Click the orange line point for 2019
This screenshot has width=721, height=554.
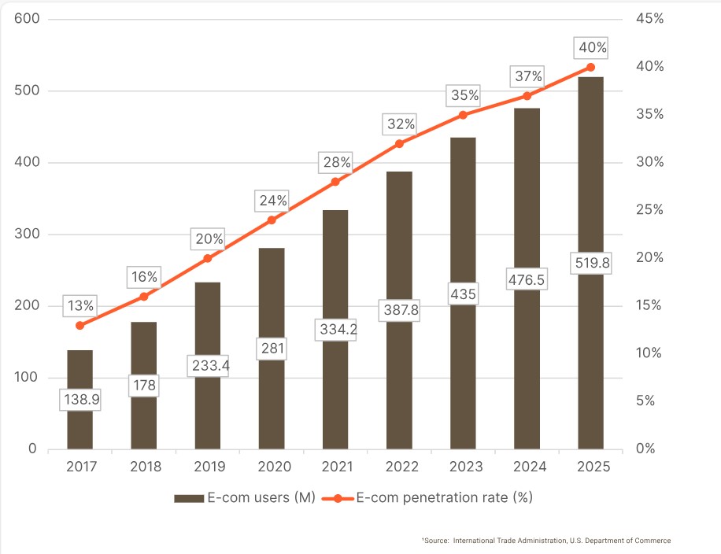point(208,258)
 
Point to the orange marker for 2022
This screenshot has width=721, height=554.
point(399,143)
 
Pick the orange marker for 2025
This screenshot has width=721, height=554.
point(591,67)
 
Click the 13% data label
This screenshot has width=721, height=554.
point(80,306)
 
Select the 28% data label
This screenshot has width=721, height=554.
point(335,162)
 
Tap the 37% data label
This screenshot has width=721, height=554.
point(527,76)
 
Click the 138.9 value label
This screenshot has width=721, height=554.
point(80,399)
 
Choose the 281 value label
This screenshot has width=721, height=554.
point(272,348)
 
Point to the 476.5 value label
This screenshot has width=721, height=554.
point(527,279)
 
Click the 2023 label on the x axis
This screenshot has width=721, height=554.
point(466,467)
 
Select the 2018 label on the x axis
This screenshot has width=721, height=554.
point(146,467)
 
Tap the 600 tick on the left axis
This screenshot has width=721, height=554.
point(27,18)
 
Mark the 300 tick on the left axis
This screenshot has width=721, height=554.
point(27,234)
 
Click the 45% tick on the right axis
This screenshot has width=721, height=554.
point(649,18)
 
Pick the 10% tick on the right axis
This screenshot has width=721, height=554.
point(649,353)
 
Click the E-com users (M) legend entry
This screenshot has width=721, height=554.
point(245,498)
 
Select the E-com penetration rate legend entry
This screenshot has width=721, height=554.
point(427,498)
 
